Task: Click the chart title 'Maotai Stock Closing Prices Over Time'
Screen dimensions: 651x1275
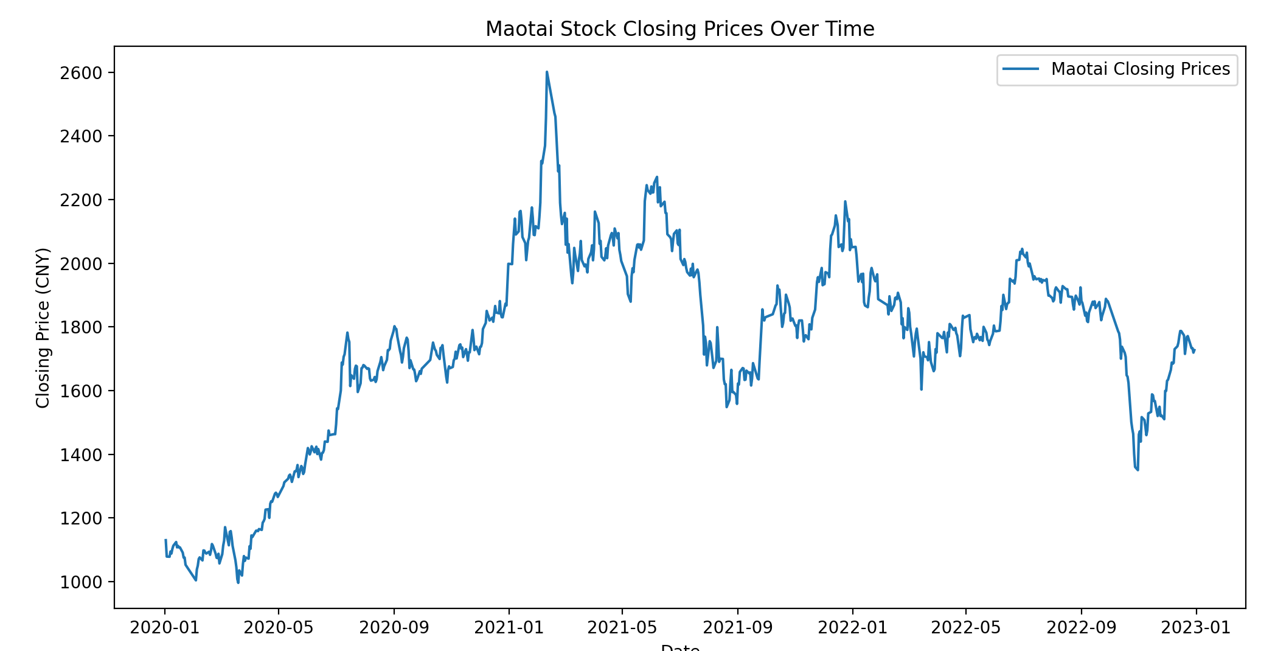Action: click(x=679, y=29)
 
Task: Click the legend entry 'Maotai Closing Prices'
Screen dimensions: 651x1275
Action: click(x=1140, y=69)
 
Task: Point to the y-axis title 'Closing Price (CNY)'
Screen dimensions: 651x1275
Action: click(x=43, y=327)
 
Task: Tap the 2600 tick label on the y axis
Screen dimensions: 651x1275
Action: click(x=80, y=73)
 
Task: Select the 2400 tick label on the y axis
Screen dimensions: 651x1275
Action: click(x=80, y=136)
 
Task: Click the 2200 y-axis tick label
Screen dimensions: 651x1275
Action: click(x=80, y=200)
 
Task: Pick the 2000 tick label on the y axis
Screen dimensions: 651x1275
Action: click(x=80, y=263)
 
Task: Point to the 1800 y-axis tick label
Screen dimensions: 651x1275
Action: click(x=80, y=327)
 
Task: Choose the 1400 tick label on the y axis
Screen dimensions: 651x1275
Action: click(x=80, y=454)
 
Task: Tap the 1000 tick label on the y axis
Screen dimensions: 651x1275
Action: click(x=80, y=582)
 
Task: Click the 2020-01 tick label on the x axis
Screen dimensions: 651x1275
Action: click(x=165, y=628)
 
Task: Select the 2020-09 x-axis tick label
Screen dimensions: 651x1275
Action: click(x=394, y=628)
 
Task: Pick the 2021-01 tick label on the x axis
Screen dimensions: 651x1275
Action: click(x=509, y=628)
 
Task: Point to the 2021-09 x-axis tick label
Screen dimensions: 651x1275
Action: click(x=738, y=628)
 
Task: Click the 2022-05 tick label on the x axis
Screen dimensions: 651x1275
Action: click(x=966, y=628)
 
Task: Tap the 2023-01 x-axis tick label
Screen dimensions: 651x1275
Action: click(x=1196, y=628)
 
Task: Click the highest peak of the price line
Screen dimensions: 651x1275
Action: click(x=547, y=72)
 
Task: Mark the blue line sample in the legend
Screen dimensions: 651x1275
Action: click(x=1021, y=69)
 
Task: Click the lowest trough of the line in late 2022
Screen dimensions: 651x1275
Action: click(x=1138, y=470)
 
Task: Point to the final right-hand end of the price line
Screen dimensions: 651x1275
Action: click(x=1195, y=350)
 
